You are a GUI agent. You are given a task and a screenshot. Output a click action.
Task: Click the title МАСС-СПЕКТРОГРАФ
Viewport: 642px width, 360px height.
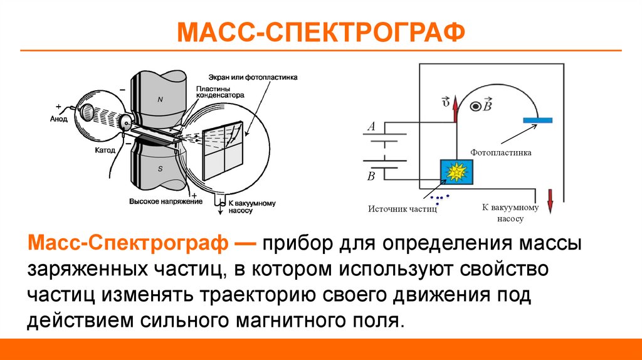point(320,32)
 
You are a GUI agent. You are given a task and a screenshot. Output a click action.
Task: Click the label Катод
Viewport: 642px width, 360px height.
point(103,151)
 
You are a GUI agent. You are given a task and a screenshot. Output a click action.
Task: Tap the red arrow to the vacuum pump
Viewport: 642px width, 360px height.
point(550,201)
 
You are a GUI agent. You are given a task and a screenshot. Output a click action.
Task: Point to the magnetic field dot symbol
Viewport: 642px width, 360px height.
point(476,107)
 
